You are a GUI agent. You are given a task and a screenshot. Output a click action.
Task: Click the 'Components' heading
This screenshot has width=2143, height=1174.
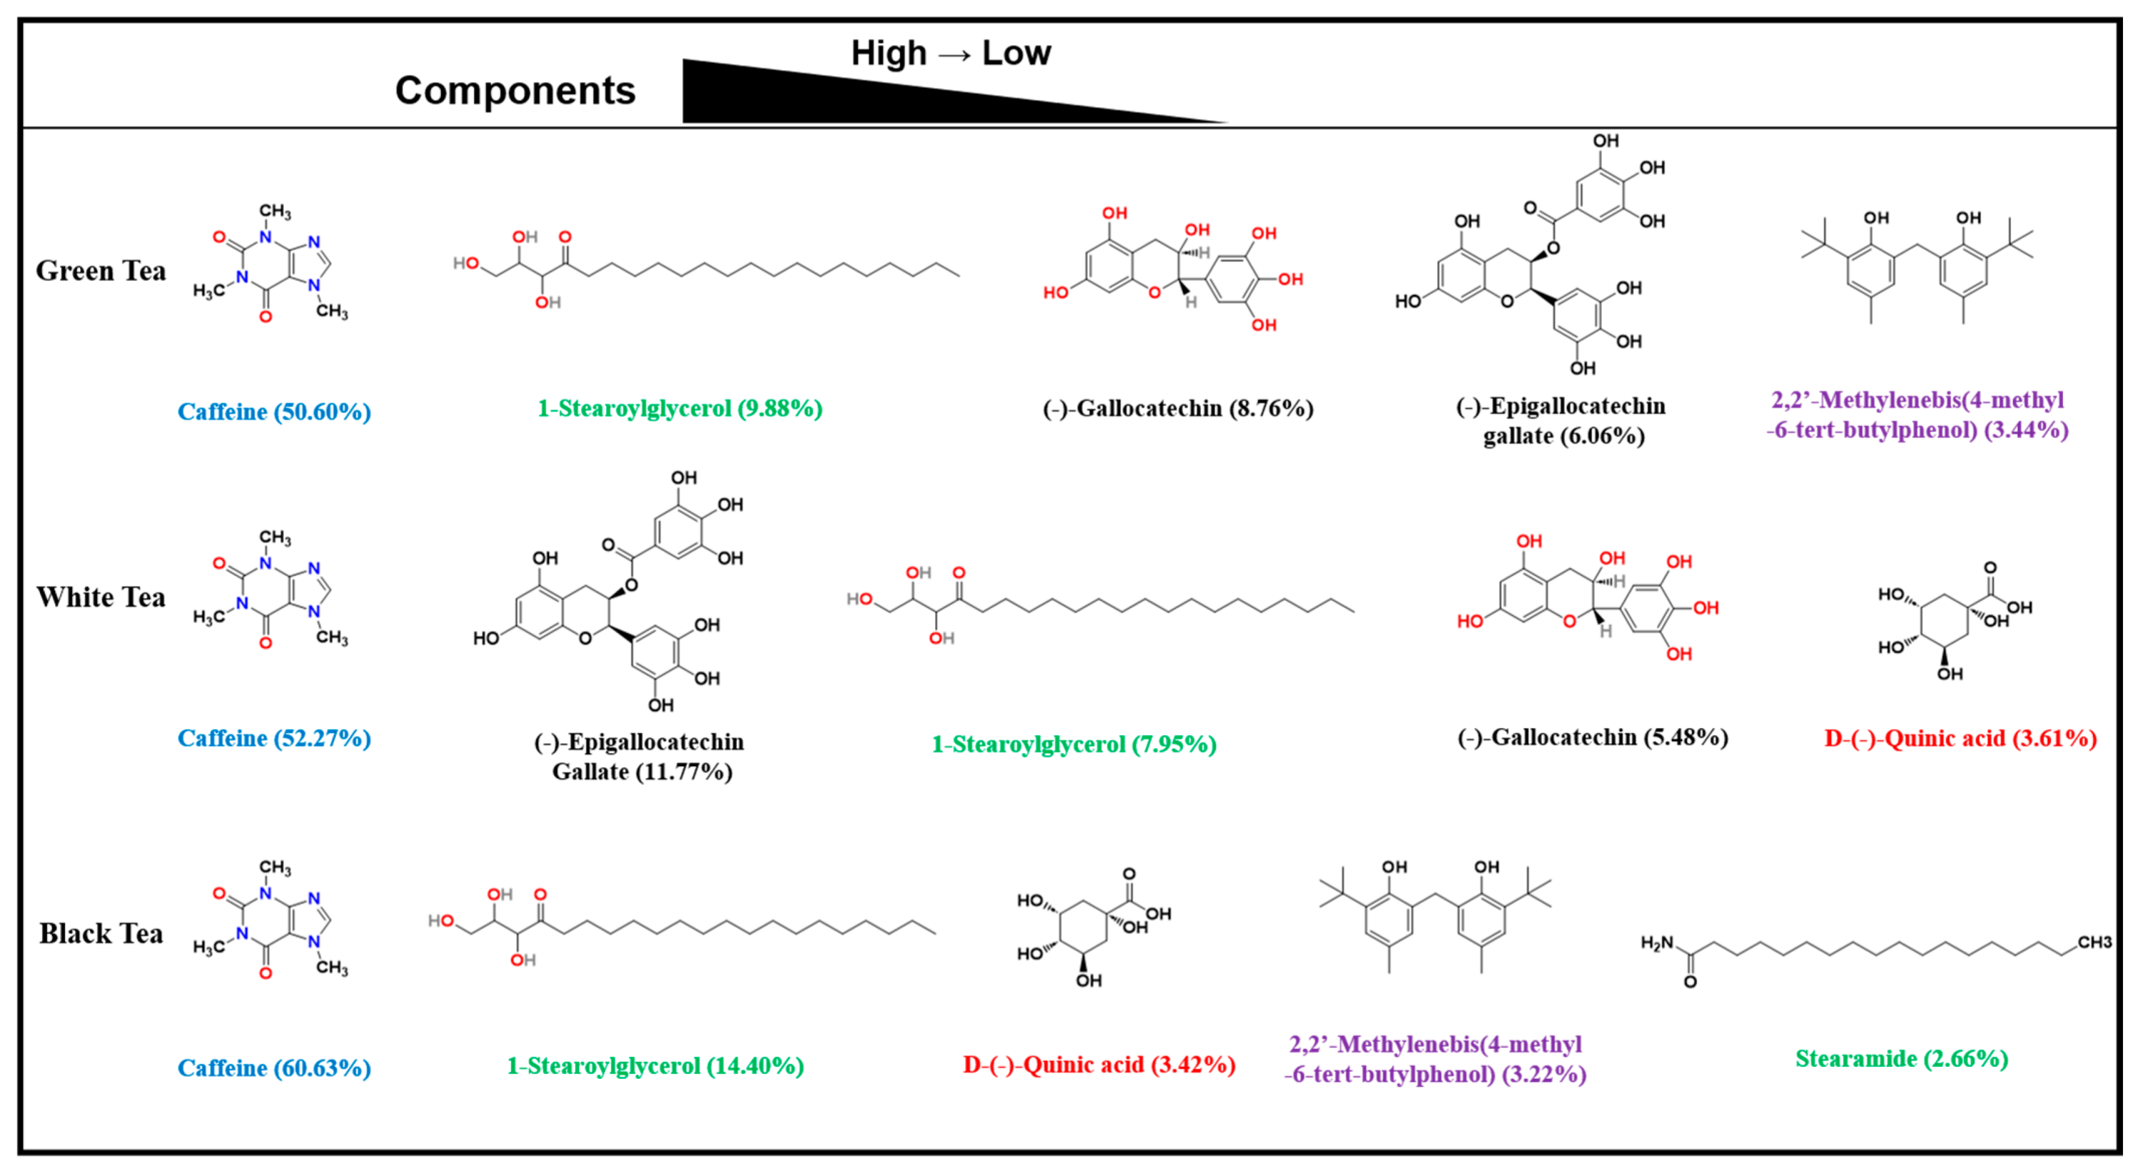(515, 91)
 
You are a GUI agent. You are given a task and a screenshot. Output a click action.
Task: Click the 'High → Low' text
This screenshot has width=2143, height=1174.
(950, 53)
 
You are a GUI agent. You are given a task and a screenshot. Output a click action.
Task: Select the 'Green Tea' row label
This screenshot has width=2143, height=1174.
(101, 271)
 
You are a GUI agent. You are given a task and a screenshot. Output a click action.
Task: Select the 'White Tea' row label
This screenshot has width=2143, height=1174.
(101, 597)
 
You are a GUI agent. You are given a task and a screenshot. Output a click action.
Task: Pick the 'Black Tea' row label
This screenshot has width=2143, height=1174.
(101, 934)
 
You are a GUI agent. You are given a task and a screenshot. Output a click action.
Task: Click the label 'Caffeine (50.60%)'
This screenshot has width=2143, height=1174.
(274, 412)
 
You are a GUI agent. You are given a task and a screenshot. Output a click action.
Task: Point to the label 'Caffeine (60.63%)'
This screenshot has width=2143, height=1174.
(274, 1068)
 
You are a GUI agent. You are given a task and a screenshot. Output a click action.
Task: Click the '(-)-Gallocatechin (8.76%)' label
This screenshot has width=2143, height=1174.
(1178, 408)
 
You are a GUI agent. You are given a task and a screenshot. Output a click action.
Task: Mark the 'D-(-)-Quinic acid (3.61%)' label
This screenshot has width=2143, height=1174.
(1960, 739)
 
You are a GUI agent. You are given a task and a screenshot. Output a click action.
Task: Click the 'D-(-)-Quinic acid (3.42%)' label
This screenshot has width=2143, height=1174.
(1099, 1065)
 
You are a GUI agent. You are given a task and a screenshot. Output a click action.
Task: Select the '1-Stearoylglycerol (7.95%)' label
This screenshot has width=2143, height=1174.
(1073, 744)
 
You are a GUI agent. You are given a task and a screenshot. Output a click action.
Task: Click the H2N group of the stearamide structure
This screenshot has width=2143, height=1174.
(1656, 944)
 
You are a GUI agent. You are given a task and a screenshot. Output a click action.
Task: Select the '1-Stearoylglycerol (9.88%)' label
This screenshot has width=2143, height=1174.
(679, 408)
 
